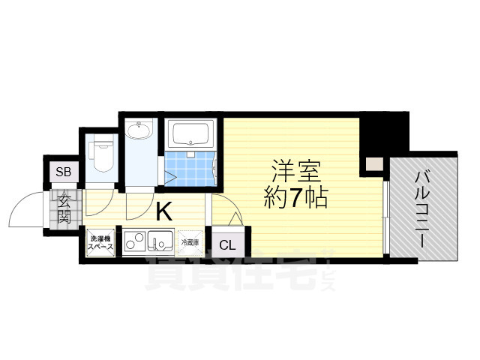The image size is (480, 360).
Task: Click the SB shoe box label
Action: [x=63, y=172]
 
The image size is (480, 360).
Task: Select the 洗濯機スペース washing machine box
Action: [x=100, y=242]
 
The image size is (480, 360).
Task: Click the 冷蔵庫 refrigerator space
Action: [x=190, y=242]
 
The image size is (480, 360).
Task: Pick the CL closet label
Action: [x=226, y=244]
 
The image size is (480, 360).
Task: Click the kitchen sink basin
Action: [x=160, y=242]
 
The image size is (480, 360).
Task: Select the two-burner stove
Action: [x=136, y=242]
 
